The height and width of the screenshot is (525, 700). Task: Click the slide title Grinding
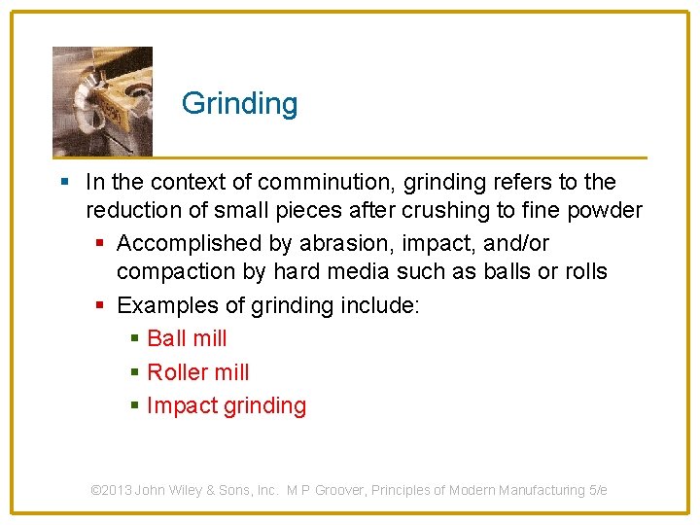coord(239,103)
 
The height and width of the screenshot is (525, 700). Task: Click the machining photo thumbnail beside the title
coord(102,101)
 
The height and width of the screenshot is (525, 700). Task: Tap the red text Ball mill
coord(187,338)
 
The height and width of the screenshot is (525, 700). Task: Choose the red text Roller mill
coord(197,372)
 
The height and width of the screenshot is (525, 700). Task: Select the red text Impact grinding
coord(226,406)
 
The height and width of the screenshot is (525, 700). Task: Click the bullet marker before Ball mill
coord(134,339)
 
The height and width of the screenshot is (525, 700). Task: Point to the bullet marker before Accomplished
coord(102,244)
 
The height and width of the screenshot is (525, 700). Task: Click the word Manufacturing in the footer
coord(543,490)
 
